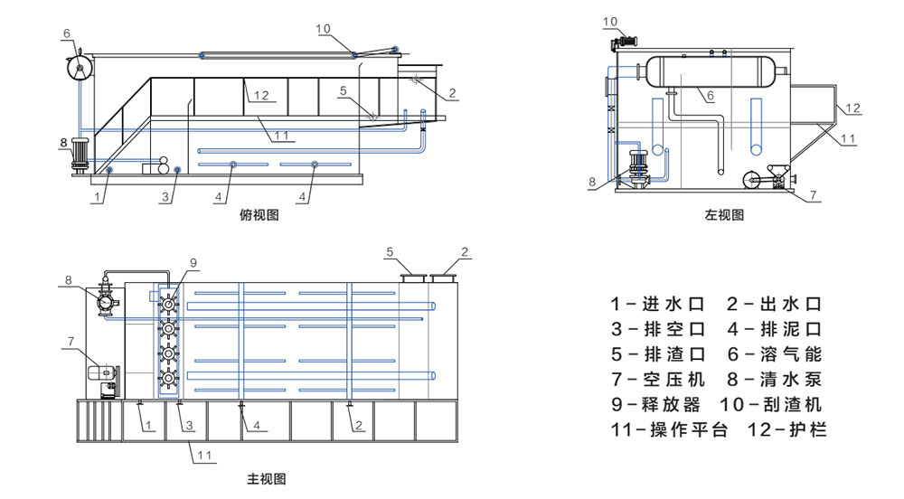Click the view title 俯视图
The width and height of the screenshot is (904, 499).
coord(259,215)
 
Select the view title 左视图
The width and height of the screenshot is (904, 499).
coord(724,215)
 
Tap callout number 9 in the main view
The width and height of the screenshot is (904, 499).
coord(193,263)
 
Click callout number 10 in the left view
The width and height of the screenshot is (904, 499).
coord(610,21)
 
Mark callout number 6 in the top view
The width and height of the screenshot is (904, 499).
coord(67,33)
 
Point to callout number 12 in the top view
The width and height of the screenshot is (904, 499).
coord(262,96)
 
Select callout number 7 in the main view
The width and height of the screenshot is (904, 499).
coord(70,341)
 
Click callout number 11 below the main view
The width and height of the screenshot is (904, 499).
coord(205,456)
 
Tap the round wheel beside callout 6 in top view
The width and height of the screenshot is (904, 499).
coord(80,67)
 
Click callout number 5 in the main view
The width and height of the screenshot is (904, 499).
coord(390,250)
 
